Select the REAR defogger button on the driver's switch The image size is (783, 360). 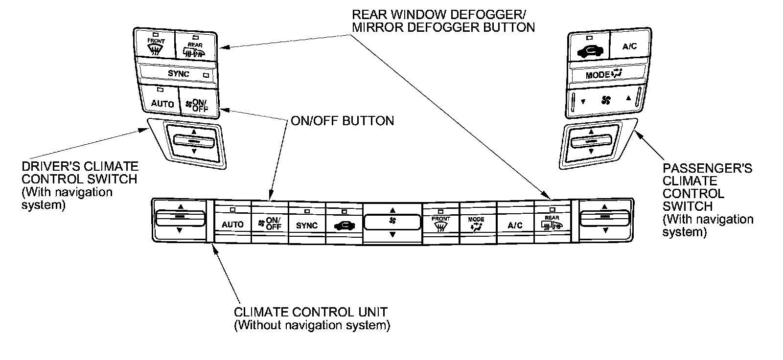pyautogui.click(x=195, y=48)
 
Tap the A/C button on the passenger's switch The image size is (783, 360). pyautogui.click(x=629, y=46)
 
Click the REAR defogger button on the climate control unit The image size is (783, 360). pyautogui.click(x=552, y=223)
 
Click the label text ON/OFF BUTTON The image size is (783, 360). pyautogui.click(x=342, y=121)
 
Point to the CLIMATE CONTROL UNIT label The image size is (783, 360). pyautogui.click(x=311, y=312)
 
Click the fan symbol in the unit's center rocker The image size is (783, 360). pyautogui.click(x=392, y=221)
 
